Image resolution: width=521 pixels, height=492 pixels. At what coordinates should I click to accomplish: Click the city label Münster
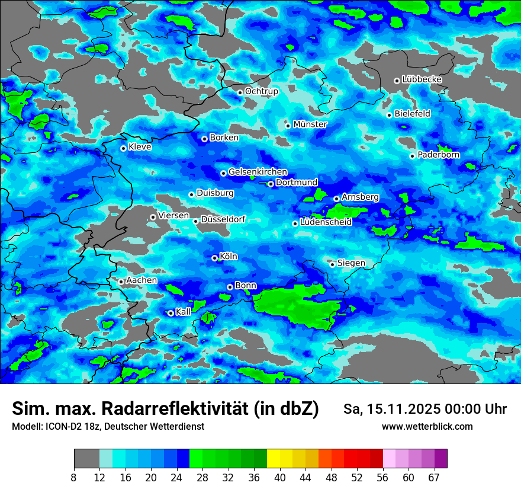pyautogui.click(x=310, y=124)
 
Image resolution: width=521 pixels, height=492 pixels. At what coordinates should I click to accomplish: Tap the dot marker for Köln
pyautogui.click(x=214, y=258)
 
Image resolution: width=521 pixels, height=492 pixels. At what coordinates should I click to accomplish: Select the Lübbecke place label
pyautogui.click(x=422, y=79)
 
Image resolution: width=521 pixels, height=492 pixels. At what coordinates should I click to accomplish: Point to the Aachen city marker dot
pyautogui.click(x=121, y=282)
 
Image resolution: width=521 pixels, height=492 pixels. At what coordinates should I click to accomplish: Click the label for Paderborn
pyautogui.click(x=439, y=155)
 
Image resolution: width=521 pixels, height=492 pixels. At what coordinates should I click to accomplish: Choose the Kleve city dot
pyautogui.click(x=123, y=148)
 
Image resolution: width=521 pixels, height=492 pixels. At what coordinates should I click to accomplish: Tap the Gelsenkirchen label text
pyautogui.click(x=258, y=172)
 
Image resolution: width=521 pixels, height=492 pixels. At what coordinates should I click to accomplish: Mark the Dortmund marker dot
pyautogui.click(x=271, y=184)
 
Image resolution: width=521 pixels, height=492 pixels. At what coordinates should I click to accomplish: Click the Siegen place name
pyautogui.click(x=351, y=263)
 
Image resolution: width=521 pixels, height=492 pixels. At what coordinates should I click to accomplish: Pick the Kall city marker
pyautogui.click(x=171, y=313)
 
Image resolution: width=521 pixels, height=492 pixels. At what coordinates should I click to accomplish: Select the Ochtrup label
pyautogui.click(x=262, y=91)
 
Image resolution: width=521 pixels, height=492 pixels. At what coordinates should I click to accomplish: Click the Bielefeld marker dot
pyautogui.click(x=389, y=115)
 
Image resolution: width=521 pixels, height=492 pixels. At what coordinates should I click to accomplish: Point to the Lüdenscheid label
pyautogui.click(x=326, y=222)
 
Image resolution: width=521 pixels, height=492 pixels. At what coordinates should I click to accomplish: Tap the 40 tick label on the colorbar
pyautogui.click(x=280, y=477)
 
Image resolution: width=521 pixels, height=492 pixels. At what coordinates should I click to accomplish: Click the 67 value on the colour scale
pyautogui.click(x=434, y=477)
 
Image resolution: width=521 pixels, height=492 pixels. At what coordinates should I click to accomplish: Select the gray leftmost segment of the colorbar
pyautogui.click(x=86, y=459)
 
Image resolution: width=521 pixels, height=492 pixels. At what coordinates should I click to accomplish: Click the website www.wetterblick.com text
pyautogui.click(x=427, y=426)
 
